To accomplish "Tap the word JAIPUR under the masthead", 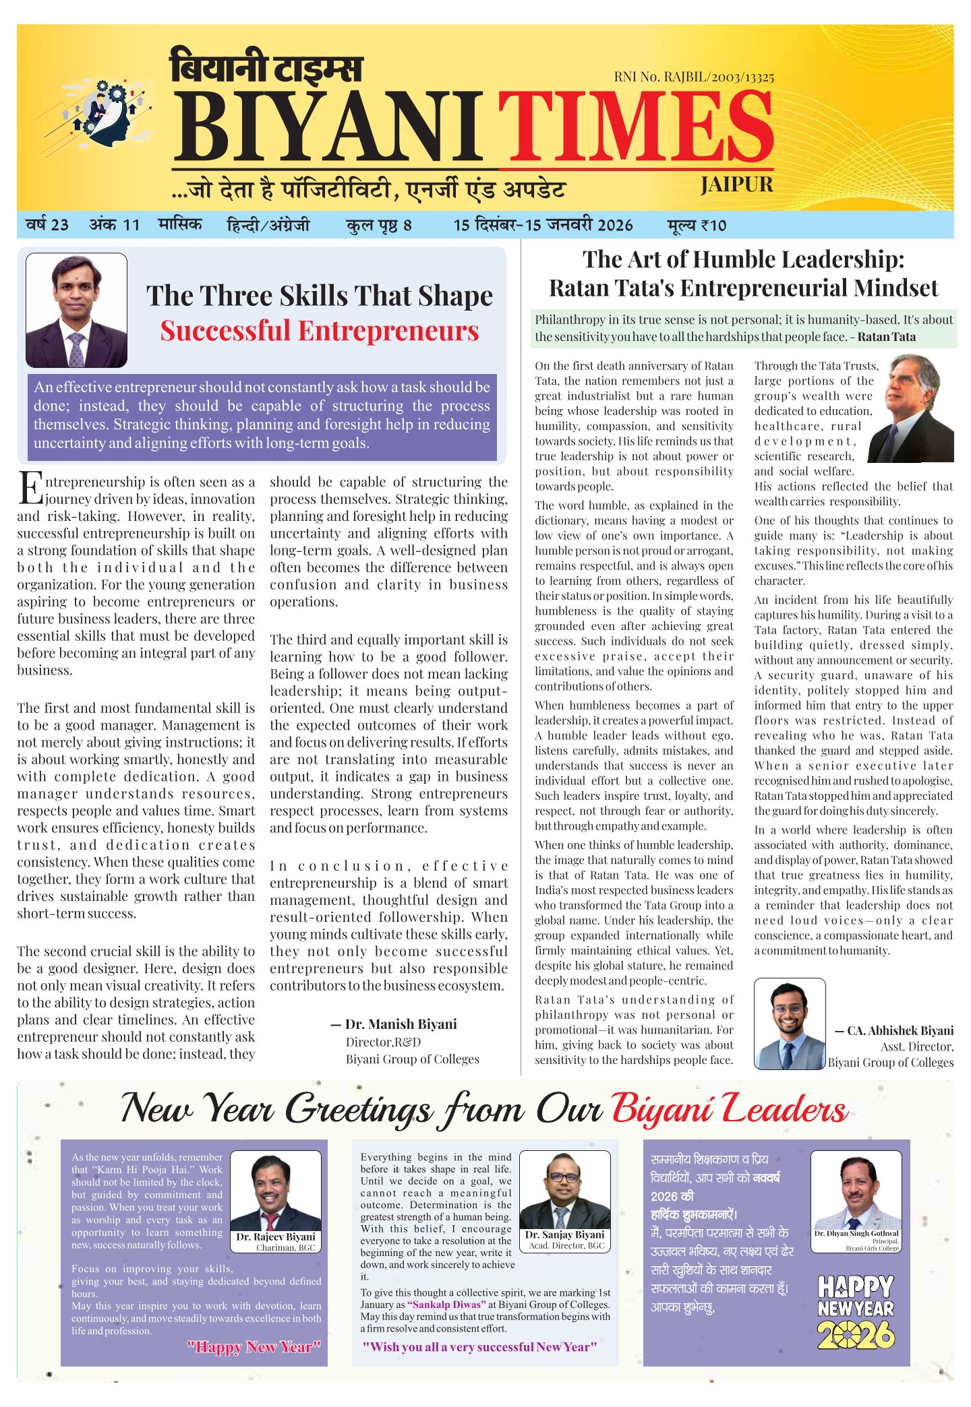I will [x=736, y=185].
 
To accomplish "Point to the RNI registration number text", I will [x=693, y=77].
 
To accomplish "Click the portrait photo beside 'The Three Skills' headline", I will [x=76, y=311].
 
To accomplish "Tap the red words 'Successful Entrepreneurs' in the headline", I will [x=319, y=331].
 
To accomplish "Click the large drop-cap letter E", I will [x=30, y=489].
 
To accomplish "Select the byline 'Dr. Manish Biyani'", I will [x=401, y=1024].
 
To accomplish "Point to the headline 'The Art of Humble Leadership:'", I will [x=743, y=259].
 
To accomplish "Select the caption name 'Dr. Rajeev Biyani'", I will [x=275, y=1237].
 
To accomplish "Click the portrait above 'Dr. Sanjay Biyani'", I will [x=564, y=1190].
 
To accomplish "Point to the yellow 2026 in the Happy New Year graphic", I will [x=855, y=1334].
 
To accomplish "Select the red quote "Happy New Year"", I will [x=254, y=1347].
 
